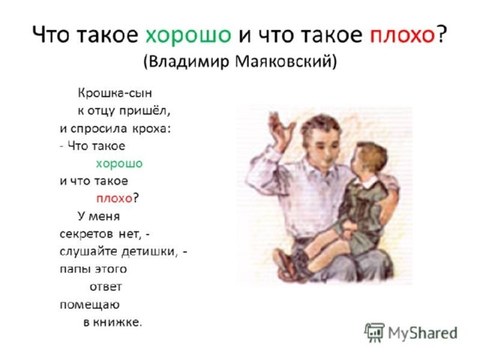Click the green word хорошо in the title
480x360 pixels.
click(188, 34)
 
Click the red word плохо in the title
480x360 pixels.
click(403, 34)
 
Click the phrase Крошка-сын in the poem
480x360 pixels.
click(115, 93)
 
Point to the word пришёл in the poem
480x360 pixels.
click(145, 111)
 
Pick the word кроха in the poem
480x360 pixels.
click(151, 128)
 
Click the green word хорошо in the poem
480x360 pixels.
click(119, 163)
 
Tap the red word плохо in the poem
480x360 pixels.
click(115, 199)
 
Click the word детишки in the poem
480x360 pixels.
click(150, 252)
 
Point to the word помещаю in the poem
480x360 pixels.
click(90, 305)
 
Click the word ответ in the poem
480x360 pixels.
click(106, 287)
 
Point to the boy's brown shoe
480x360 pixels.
click(285, 265)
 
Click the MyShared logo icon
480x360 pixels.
click(374, 332)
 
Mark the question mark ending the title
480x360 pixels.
click(442, 34)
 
